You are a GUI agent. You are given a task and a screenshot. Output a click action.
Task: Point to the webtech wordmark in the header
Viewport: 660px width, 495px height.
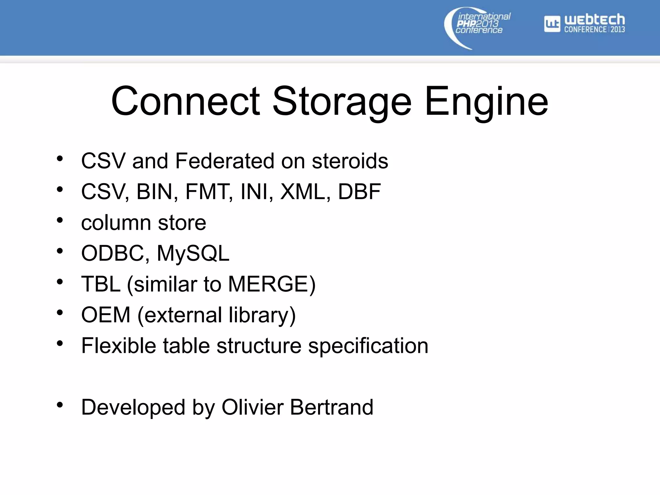tap(595, 20)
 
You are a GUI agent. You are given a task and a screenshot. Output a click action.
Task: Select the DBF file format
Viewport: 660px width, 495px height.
tap(359, 192)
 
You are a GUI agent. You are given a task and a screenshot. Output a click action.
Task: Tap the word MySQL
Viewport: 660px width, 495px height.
tap(193, 253)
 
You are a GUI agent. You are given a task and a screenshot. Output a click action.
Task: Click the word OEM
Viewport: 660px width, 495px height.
tap(106, 315)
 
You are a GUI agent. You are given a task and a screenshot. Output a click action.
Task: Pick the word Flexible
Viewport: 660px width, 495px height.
tap(119, 346)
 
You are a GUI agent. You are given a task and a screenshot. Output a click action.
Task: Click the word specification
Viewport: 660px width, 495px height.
tap(368, 346)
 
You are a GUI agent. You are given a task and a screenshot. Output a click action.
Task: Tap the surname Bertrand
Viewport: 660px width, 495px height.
tap(332, 407)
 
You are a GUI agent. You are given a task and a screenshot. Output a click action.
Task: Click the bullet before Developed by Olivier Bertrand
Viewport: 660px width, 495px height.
tap(60, 405)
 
